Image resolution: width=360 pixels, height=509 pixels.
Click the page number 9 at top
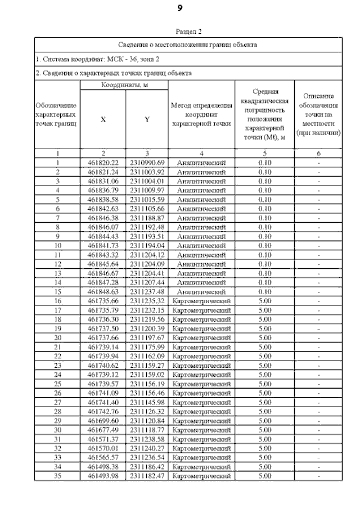(x=179, y=8)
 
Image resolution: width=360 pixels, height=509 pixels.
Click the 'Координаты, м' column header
(x=124, y=85)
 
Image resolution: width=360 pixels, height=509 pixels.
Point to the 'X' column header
(x=102, y=119)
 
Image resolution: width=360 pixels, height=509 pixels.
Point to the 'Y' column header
(x=147, y=119)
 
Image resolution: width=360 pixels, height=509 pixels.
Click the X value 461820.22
(x=102, y=163)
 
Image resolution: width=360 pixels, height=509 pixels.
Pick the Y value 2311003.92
(x=147, y=172)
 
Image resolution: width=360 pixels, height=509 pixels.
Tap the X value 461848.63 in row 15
(x=102, y=292)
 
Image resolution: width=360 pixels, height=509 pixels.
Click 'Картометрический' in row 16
(x=201, y=301)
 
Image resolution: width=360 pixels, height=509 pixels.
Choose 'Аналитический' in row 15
(x=201, y=292)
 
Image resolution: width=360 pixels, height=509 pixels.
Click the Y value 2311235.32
(x=147, y=301)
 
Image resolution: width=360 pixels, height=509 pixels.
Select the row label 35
(x=57, y=476)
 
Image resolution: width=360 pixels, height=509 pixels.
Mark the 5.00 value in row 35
(x=264, y=476)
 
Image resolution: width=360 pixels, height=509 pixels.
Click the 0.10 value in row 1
(x=264, y=163)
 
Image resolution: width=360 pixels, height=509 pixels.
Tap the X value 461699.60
(x=102, y=421)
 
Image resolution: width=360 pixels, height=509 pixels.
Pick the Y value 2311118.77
(x=147, y=430)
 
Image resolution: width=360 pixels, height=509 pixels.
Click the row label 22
(x=57, y=357)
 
